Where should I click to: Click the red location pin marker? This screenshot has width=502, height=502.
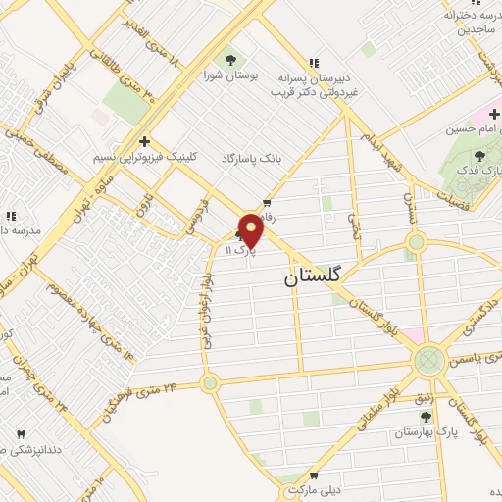251,230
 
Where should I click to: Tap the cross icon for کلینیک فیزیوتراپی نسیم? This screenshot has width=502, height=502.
145,141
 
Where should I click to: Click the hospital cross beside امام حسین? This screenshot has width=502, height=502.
494,115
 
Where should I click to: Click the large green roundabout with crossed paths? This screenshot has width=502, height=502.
428,361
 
